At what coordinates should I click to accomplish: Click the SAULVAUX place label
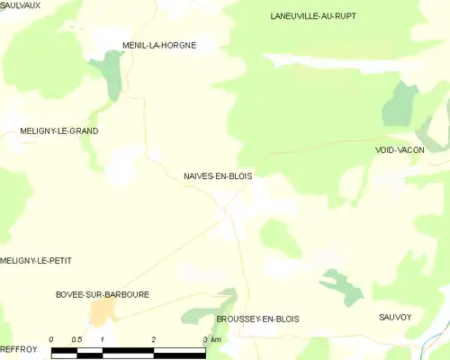[21, 5]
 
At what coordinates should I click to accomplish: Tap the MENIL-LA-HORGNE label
[159, 45]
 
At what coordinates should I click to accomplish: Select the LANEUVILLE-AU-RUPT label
[312, 16]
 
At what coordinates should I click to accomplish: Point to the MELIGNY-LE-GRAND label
[59, 131]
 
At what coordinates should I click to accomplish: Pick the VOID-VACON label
[400, 150]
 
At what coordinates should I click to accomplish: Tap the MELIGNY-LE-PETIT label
[36, 261]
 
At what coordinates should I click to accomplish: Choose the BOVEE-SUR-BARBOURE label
[103, 294]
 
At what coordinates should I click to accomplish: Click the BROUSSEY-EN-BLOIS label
[257, 319]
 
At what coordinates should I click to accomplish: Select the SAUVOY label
[395, 318]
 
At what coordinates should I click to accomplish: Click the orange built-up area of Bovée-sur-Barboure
[102, 312]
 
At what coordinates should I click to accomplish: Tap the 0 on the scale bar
[51, 339]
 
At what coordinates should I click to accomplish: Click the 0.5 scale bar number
[76, 339]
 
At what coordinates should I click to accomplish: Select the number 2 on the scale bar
[154, 339]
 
